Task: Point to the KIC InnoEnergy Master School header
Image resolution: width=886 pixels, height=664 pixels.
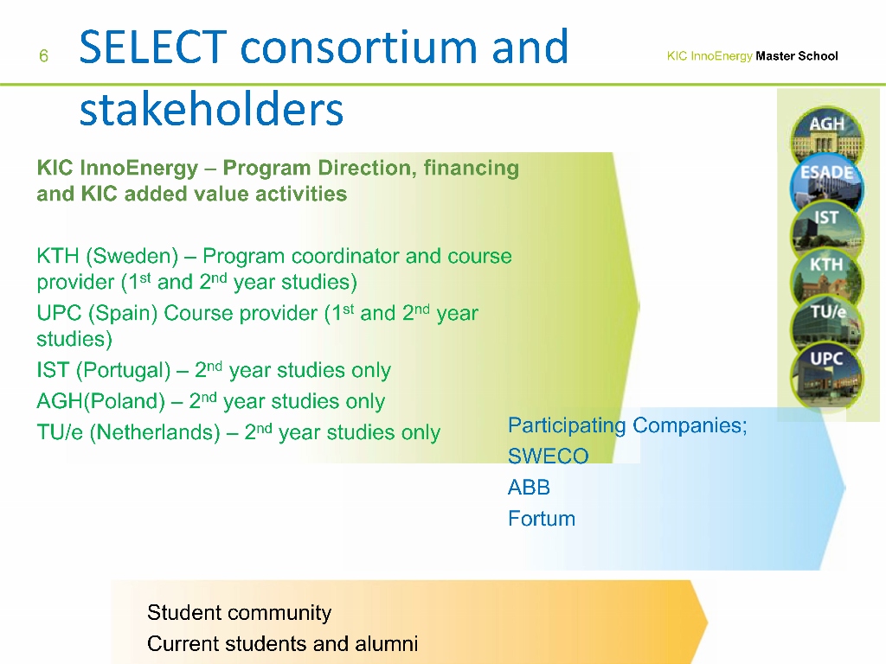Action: tap(752, 56)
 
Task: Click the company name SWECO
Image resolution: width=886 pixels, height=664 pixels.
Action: tap(548, 456)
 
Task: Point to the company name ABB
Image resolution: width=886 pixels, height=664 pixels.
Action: tap(529, 488)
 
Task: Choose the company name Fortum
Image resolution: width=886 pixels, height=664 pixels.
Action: tap(541, 519)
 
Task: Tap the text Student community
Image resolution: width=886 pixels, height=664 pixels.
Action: tap(239, 613)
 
